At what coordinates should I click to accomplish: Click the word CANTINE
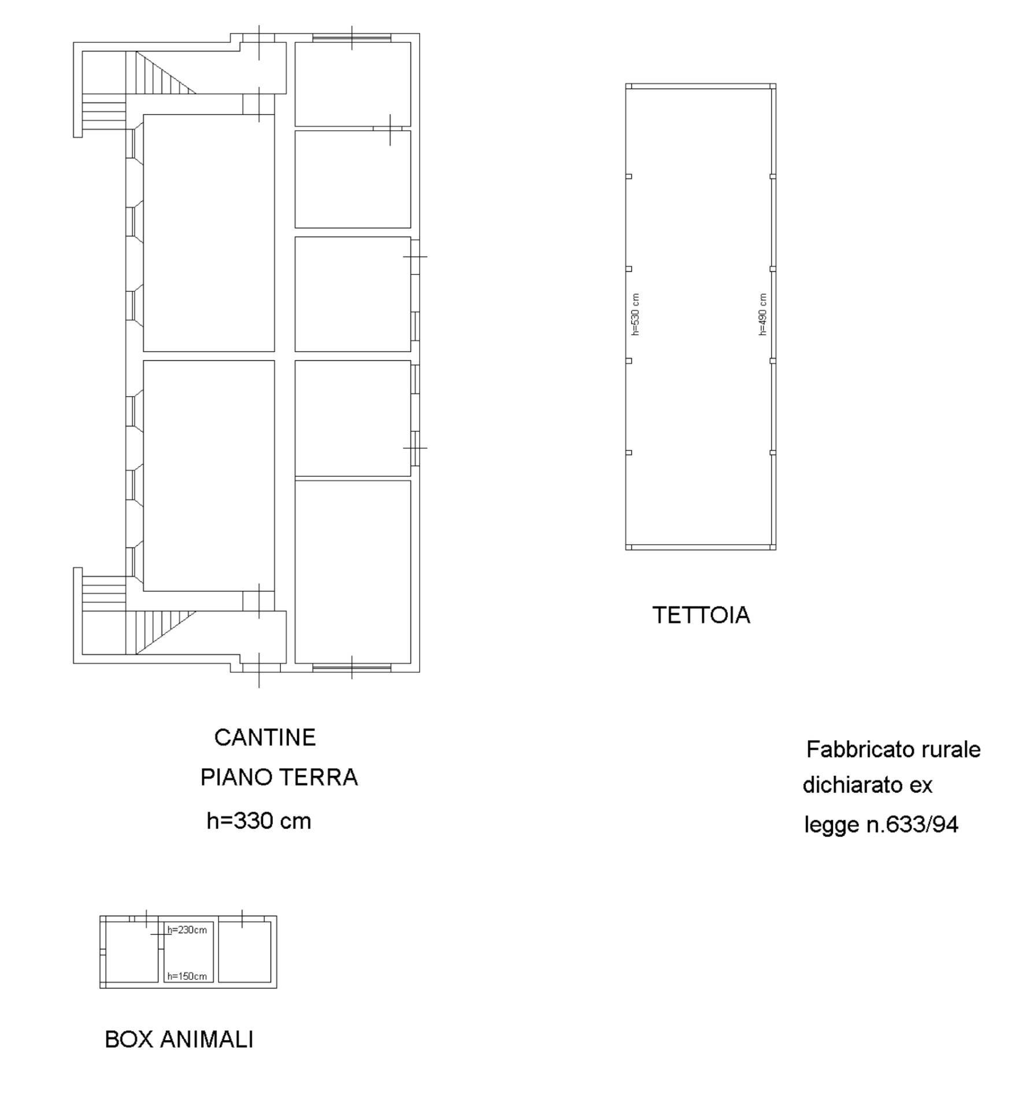[265, 738]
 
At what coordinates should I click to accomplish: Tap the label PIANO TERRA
[279, 778]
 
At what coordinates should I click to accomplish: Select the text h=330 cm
[258, 822]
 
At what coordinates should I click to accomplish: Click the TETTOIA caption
[701, 616]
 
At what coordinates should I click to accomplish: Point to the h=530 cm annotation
[635, 314]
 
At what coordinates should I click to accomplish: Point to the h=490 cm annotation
[762, 314]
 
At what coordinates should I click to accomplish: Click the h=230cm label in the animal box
[187, 930]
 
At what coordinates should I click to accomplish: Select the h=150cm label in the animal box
[187, 976]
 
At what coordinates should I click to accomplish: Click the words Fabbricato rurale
[893, 750]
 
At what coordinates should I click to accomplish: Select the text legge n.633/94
[881, 824]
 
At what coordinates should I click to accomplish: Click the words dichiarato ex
[867, 786]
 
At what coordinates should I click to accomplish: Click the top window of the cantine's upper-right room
[351, 38]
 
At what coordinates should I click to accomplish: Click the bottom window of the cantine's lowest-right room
[351, 668]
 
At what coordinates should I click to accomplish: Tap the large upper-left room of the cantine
[209, 232]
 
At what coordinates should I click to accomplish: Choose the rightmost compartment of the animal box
[245, 952]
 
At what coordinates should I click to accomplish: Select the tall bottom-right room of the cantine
[353, 571]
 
